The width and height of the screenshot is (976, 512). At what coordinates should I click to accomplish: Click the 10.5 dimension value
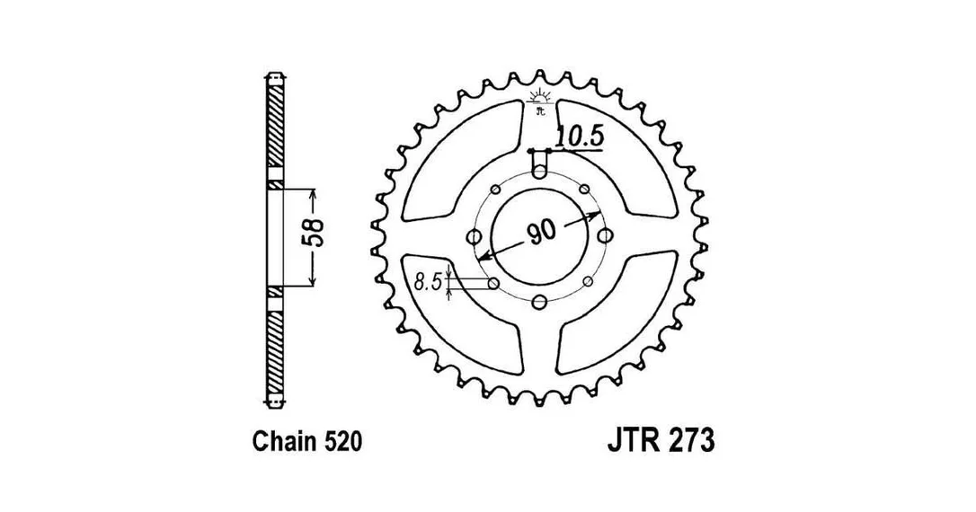coord(579,137)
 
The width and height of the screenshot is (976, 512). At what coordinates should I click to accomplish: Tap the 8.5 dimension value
coord(428,283)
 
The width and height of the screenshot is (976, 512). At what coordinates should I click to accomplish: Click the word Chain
coord(286,441)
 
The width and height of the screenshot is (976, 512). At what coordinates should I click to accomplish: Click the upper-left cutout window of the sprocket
coord(461,162)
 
